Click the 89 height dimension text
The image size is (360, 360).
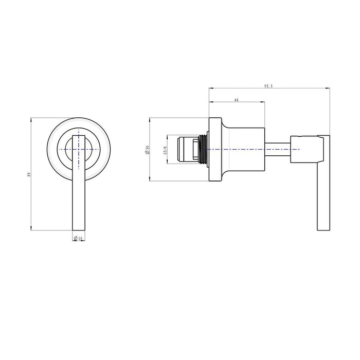coord(29,175)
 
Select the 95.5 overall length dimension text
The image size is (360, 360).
coord(267,86)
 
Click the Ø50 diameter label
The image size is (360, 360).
coord(147,150)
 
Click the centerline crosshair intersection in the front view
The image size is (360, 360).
coord(78,149)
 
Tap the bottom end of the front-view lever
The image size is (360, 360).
coord(78,229)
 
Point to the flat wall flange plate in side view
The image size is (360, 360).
coord(212,149)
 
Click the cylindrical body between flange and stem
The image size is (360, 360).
coord(242,149)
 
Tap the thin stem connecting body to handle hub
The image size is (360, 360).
coord(278,149)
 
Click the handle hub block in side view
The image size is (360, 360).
coord(303,149)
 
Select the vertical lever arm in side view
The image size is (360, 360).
coord(323,185)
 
